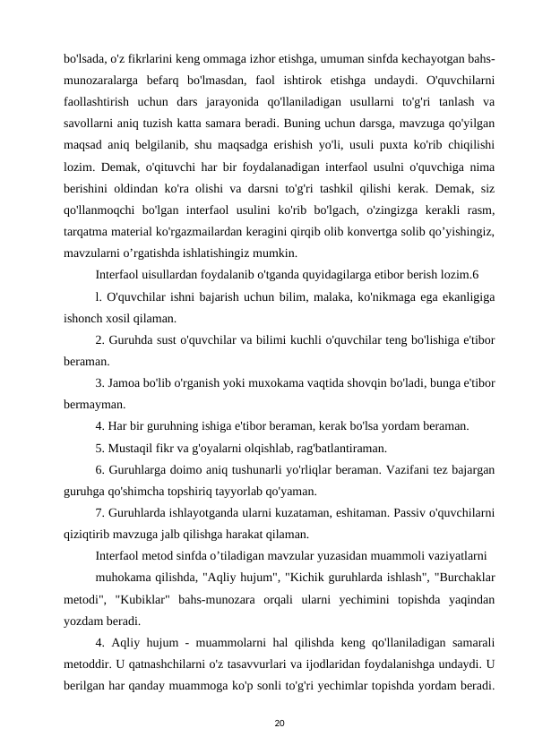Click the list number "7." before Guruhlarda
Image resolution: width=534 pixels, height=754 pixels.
[x=100, y=514]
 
